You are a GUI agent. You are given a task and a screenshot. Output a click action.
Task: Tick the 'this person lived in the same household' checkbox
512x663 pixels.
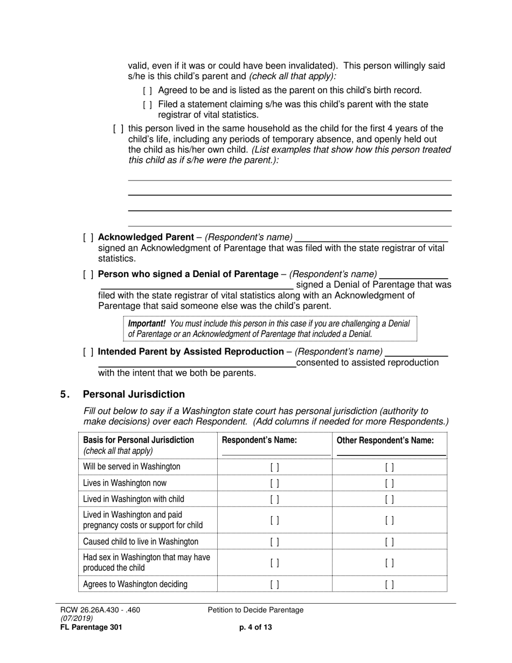click(x=119, y=129)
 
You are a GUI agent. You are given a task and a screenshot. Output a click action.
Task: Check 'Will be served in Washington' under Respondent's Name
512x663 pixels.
click(x=274, y=467)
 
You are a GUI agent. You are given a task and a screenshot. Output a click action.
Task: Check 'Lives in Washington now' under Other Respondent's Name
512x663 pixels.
click(x=389, y=484)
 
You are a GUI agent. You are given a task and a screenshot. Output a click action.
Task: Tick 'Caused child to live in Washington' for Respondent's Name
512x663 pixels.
click(x=274, y=542)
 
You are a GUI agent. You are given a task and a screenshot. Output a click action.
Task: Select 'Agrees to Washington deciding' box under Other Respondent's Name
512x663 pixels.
click(x=389, y=584)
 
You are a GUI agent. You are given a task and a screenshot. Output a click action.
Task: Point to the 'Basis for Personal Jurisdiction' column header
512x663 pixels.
click(x=139, y=440)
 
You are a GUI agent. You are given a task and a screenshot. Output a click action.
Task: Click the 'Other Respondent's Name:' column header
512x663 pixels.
click(x=385, y=440)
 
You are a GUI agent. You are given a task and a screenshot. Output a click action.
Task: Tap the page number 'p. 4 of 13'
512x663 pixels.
click(x=255, y=627)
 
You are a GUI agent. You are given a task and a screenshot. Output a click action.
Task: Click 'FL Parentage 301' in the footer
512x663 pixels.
click(x=91, y=627)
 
